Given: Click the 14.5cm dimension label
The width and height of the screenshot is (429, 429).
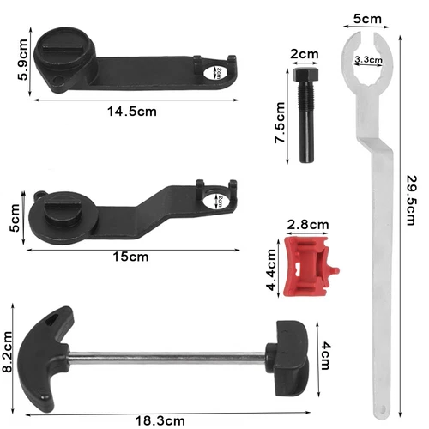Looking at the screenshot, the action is (x=132, y=112).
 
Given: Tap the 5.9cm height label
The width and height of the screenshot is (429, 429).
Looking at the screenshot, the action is (x=22, y=60).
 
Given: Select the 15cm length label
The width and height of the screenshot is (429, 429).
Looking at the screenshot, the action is (x=130, y=257).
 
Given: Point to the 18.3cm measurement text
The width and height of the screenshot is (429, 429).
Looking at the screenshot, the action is (x=160, y=421).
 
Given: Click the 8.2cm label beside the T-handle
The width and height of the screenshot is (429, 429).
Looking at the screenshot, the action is (x=7, y=352).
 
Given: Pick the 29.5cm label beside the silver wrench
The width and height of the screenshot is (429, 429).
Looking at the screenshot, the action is (x=412, y=201).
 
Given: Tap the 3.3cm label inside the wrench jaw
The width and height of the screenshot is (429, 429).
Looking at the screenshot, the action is (x=368, y=60).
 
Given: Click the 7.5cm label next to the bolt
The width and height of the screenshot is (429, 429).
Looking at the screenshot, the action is (x=280, y=122).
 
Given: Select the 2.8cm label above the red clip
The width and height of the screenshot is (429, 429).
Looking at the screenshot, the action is (x=308, y=225).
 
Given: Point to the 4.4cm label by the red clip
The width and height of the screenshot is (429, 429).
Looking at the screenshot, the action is (x=271, y=269).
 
